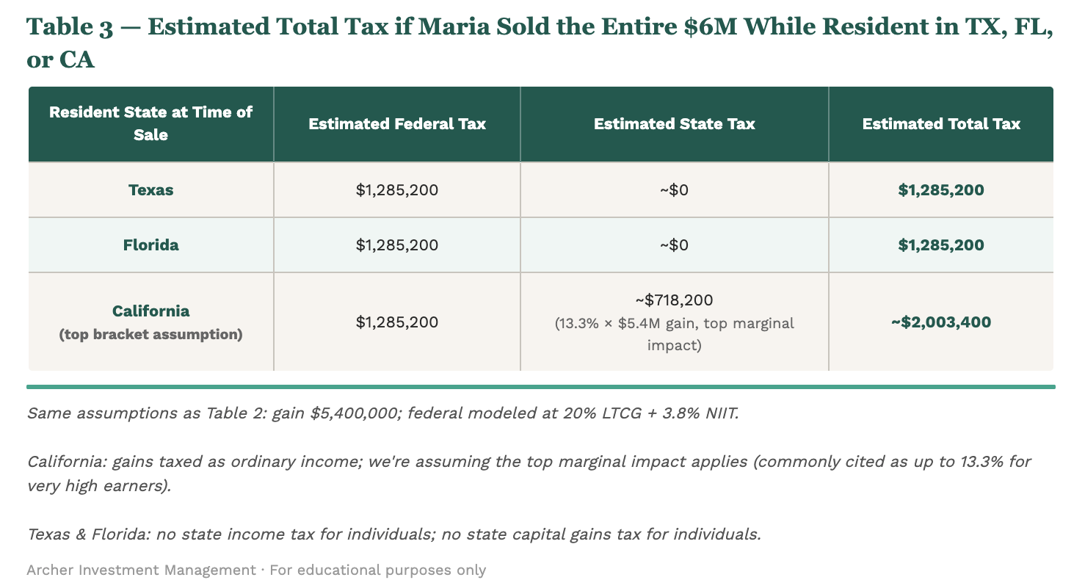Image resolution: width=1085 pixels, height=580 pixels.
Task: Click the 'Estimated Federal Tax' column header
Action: [397, 124]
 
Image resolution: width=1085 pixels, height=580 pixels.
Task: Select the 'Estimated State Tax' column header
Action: [674, 124]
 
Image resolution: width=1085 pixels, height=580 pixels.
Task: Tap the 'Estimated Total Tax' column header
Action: [941, 124]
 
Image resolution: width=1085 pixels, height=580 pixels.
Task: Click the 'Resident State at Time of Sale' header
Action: [150, 123]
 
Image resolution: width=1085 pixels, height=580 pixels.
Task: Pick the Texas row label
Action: [150, 190]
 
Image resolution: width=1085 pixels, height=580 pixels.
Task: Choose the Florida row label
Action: [150, 244]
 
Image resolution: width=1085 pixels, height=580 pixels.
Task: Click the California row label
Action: [150, 311]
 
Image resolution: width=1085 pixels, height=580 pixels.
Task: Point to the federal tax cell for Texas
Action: [397, 190]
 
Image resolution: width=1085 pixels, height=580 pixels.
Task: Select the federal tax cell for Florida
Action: [397, 244]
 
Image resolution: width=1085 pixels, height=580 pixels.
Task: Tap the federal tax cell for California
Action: [397, 322]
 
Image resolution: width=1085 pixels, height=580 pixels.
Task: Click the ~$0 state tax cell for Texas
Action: [674, 190]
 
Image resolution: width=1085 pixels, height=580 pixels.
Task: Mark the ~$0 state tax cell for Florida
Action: [674, 244]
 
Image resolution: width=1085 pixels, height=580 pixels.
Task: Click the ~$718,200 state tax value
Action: [674, 300]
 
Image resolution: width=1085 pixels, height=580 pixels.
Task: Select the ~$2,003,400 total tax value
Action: [941, 322]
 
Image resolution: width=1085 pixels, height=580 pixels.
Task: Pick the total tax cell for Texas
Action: [941, 190]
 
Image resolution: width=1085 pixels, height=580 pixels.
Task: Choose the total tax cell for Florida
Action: [941, 244]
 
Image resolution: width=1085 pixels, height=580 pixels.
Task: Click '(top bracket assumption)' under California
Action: [150, 335]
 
